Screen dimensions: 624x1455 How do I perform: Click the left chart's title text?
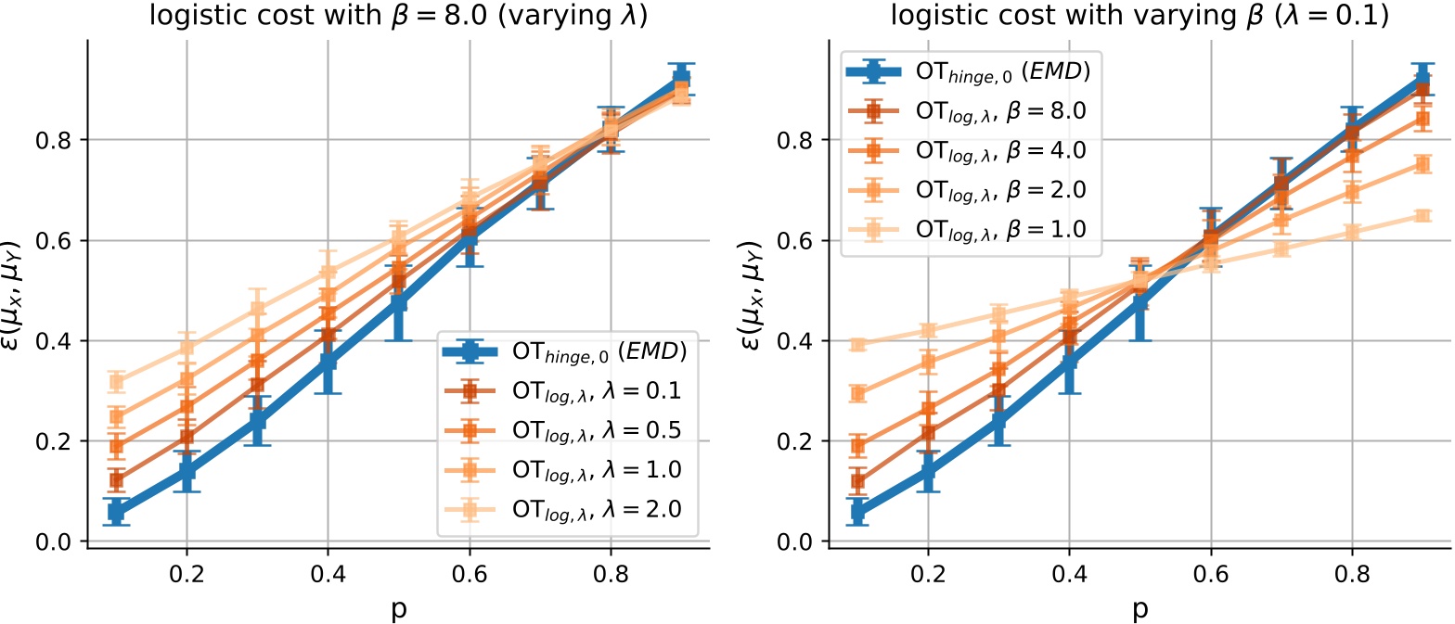[398, 16]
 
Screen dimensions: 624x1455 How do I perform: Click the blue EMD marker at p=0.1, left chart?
[116, 511]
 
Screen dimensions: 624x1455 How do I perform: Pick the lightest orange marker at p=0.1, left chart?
[116, 381]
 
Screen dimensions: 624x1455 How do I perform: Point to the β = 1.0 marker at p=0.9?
[1421, 215]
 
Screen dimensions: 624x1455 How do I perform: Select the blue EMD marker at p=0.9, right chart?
[1421, 80]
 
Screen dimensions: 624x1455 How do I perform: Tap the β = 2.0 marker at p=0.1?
[858, 393]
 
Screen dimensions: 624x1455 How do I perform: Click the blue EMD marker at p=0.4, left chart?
[328, 362]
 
